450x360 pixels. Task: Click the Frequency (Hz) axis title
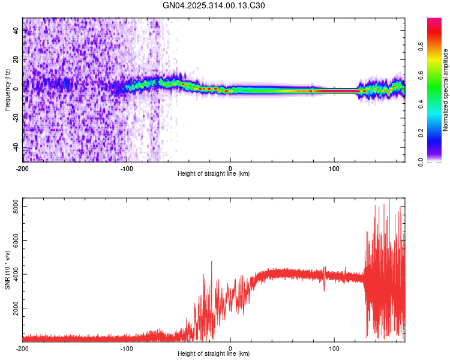[x=7, y=90]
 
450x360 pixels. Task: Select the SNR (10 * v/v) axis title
[x=7, y=270]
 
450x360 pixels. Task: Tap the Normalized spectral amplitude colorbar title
[x=446, y=90]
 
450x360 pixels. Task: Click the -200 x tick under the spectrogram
[x=23, y=167]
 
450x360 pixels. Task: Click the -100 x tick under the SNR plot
[x=127, y=348]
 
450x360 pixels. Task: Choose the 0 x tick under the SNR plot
[x=231, y=348]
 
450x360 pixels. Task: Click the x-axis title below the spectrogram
[x=214, y=174]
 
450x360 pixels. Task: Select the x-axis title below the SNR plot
[x=214, y=354]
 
